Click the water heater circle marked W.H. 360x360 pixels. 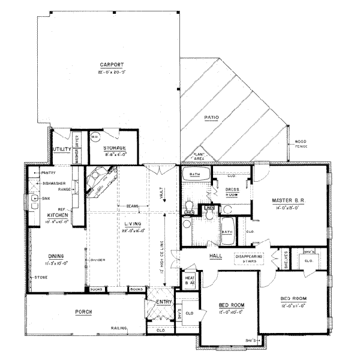click(94, 137)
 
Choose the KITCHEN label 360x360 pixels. click(58, 214)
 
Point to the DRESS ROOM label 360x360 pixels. click(232, 192)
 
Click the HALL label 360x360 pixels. click(216, 256)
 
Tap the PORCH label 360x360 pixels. click(83, 312)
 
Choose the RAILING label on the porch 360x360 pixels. click(118, 328)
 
